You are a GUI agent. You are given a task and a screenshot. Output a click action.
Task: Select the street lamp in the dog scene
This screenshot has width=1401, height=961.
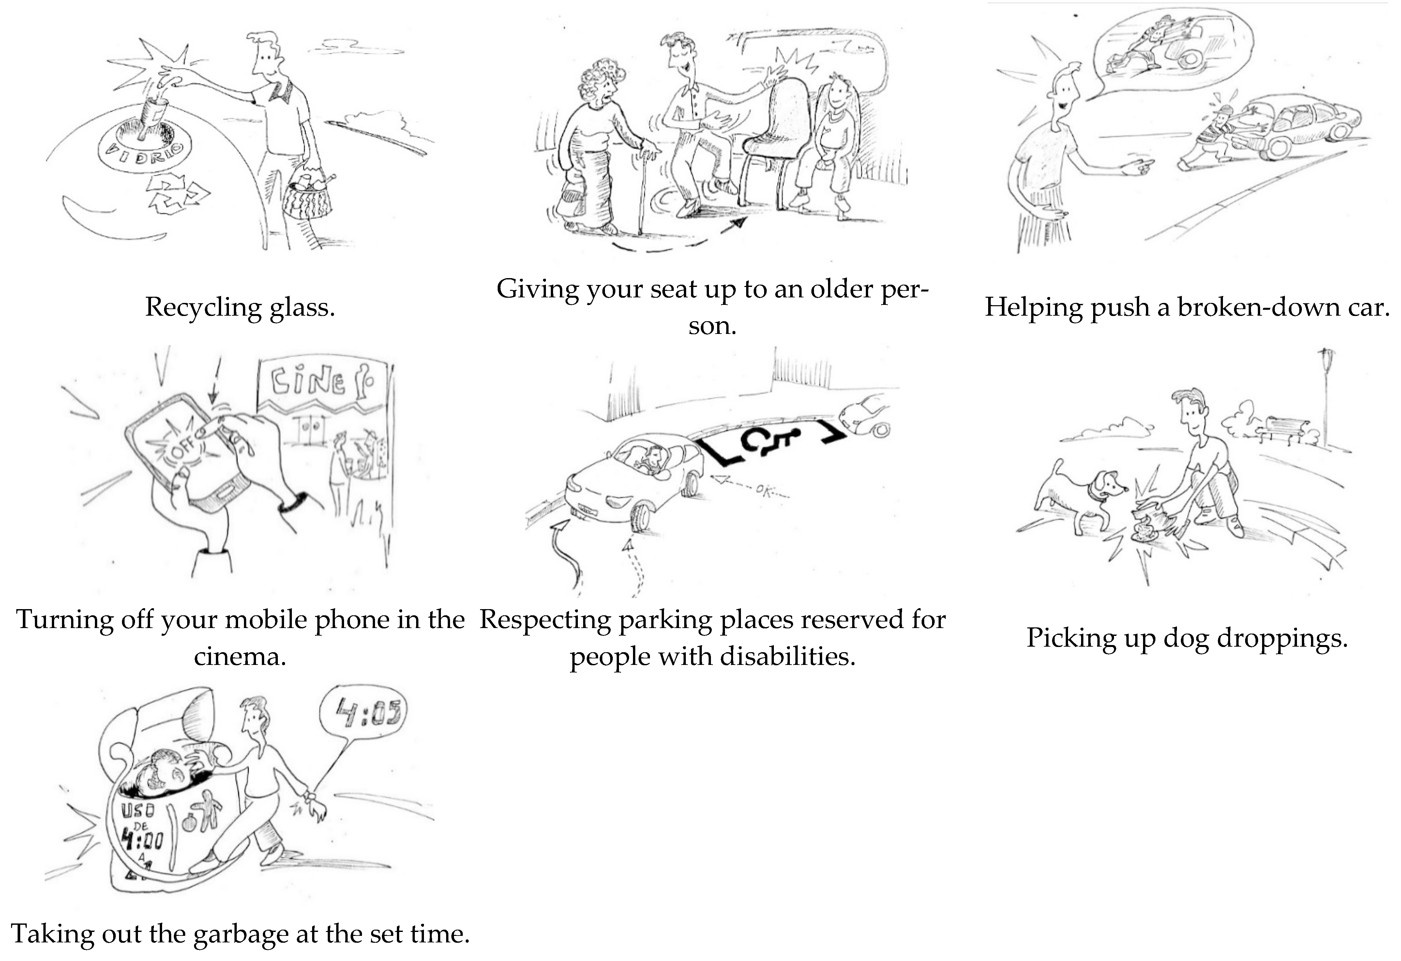click(x=1326, y=392)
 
